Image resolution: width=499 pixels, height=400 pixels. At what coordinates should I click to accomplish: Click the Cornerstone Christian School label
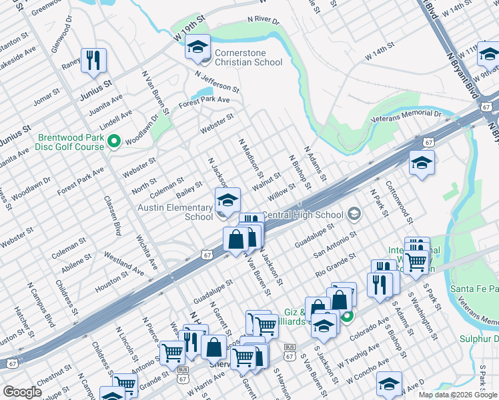pos(248,57)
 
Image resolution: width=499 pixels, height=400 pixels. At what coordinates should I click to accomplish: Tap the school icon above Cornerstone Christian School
pos(197,47)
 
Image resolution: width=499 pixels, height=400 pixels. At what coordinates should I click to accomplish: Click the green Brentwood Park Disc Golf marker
pos(113,141)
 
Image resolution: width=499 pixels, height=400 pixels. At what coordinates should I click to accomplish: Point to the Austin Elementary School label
pos(175,212)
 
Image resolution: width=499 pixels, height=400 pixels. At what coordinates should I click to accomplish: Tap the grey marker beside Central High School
pos(354,215)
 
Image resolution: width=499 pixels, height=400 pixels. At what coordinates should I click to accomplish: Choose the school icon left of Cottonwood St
pos(422,163)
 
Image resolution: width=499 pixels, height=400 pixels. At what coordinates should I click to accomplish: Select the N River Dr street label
pos(263,21)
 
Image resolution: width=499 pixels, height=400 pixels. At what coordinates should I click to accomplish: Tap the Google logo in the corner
pos(22,392)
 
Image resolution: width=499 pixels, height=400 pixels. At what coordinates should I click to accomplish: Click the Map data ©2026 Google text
pos(458,395)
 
